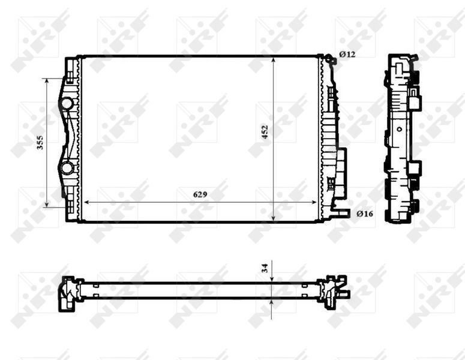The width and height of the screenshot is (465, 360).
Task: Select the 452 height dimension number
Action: point(264,132)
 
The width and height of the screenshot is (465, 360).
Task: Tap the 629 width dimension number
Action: point(201,194)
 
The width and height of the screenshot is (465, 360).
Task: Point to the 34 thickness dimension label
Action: point(265,268)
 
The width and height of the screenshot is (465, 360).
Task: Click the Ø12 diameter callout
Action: point(347,55)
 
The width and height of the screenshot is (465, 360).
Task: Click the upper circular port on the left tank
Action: point(67,104)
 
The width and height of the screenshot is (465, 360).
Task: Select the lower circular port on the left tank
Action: point(67,167)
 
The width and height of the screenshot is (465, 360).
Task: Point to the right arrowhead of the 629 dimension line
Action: point(319,202)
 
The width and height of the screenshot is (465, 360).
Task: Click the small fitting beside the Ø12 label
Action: point(329,58)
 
